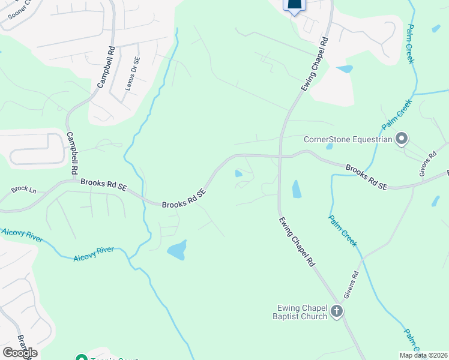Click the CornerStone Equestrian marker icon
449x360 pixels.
[402, 140]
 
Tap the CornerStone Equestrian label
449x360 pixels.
[348, 140]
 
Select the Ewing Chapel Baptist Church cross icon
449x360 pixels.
[336, 311]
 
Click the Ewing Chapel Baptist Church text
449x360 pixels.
[299, 312]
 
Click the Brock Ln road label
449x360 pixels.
[23, 190]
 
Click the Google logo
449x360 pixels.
[20, 352]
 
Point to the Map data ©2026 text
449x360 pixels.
[423, 355]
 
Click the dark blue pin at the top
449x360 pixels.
[294, 6]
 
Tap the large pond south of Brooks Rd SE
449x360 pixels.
[177, 250]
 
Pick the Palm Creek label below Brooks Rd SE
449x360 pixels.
[343, 230]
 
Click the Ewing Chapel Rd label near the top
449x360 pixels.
[315, 65]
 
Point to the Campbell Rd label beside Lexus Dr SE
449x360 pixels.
[106, 67]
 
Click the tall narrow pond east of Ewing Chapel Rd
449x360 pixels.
[296, 189]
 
